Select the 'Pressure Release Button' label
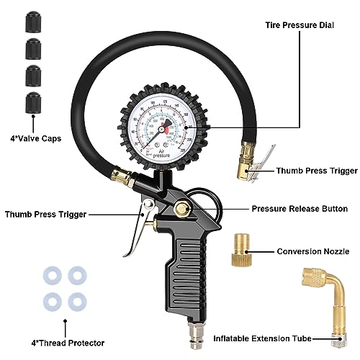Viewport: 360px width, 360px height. click(x=300, y=209)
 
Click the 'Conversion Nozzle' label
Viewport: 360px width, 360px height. click(x=312, y=252)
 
